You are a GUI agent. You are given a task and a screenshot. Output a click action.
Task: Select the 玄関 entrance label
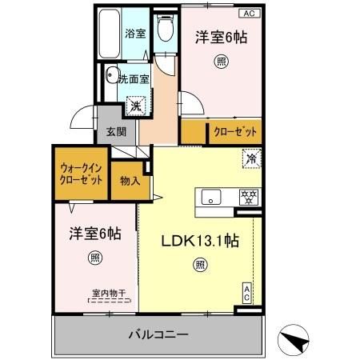click(107, 133)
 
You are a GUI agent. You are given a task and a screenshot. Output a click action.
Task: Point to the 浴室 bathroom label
click(134, 34)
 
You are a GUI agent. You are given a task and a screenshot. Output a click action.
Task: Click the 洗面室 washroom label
click(134, 78)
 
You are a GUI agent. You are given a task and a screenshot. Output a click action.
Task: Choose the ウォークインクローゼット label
click(81, 174)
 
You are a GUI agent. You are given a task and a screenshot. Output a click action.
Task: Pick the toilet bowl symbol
click(166, 30)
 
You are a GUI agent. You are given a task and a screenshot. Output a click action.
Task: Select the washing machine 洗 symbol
click(137, 105)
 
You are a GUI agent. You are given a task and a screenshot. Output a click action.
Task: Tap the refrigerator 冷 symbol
click(250, 158)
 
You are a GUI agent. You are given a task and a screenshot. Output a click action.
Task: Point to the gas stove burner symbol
click(248, 197)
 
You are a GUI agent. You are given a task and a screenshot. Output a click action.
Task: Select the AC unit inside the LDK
click(247, 293)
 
